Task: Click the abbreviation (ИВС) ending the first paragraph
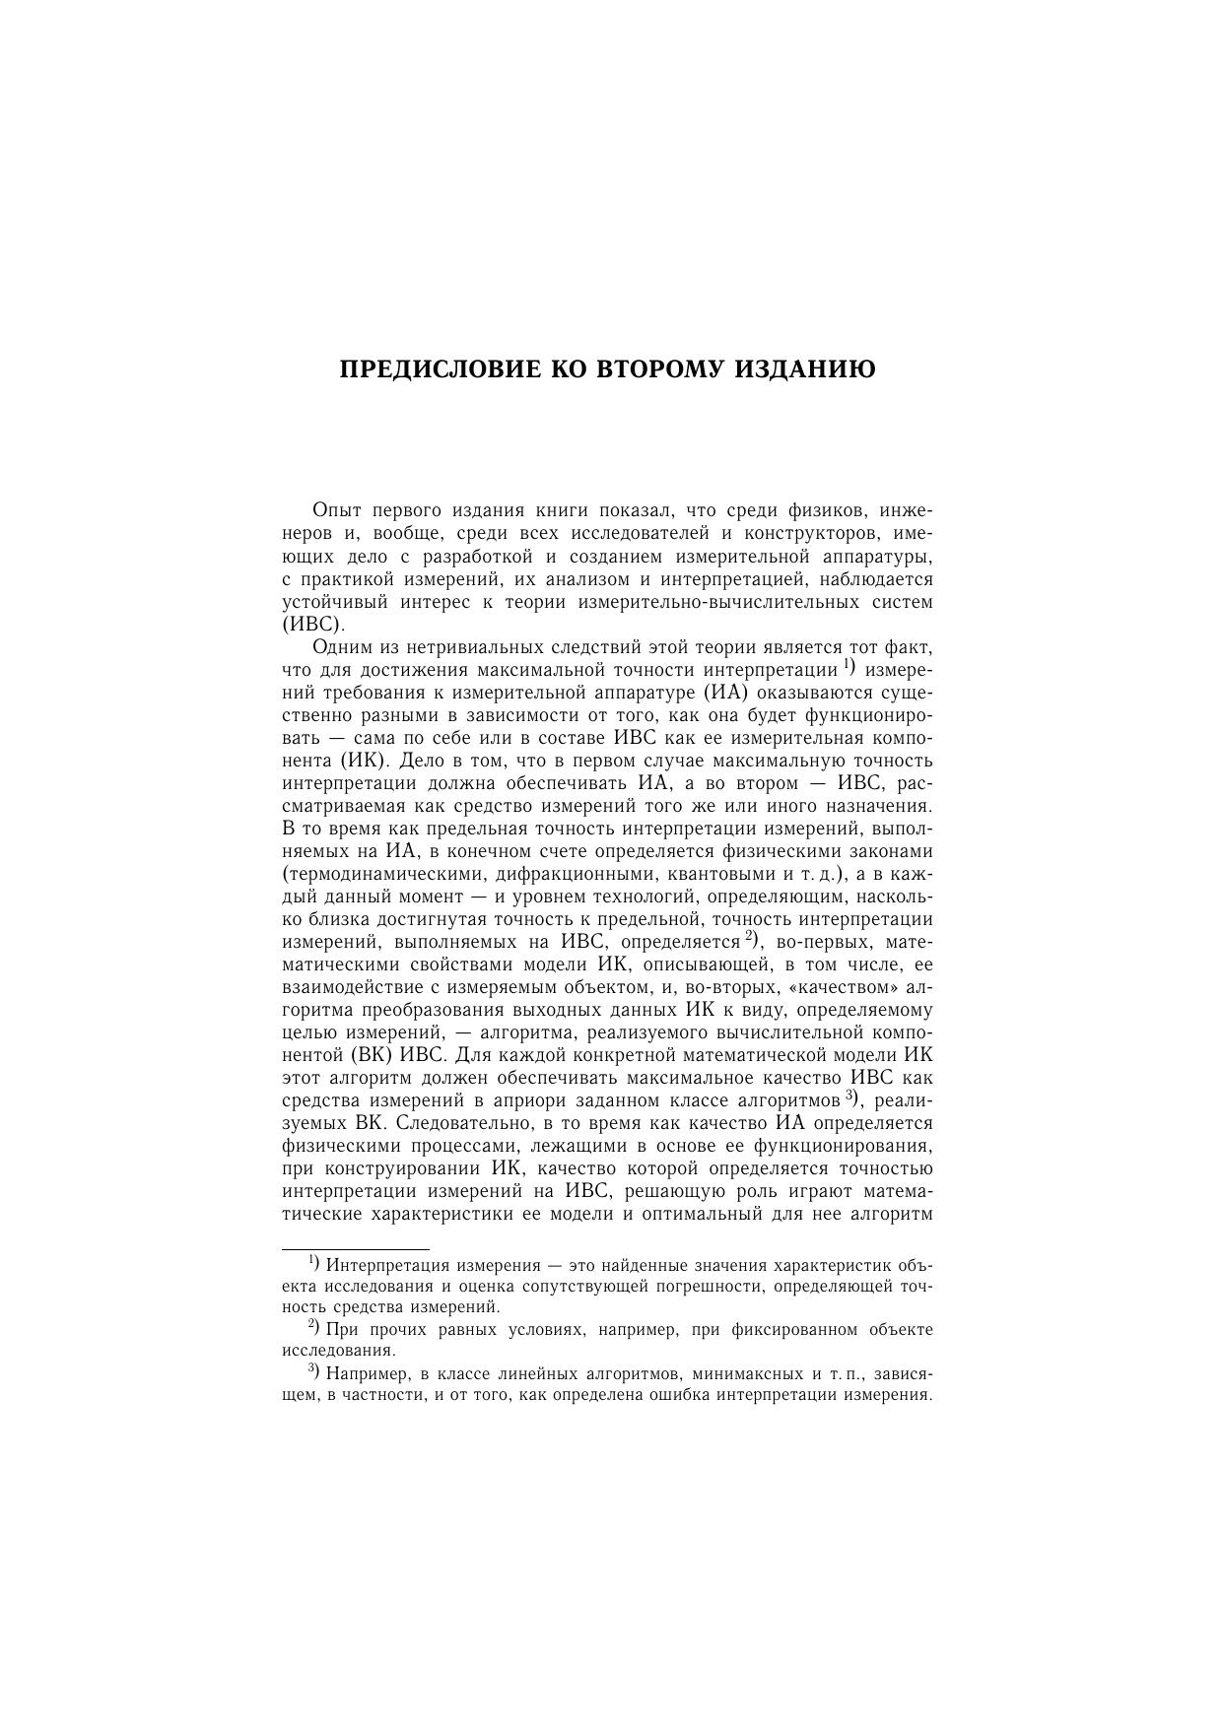click(x=313, y=625)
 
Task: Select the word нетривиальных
click(x=457, y=647)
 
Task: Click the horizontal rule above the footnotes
click(x=356, y=1249)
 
